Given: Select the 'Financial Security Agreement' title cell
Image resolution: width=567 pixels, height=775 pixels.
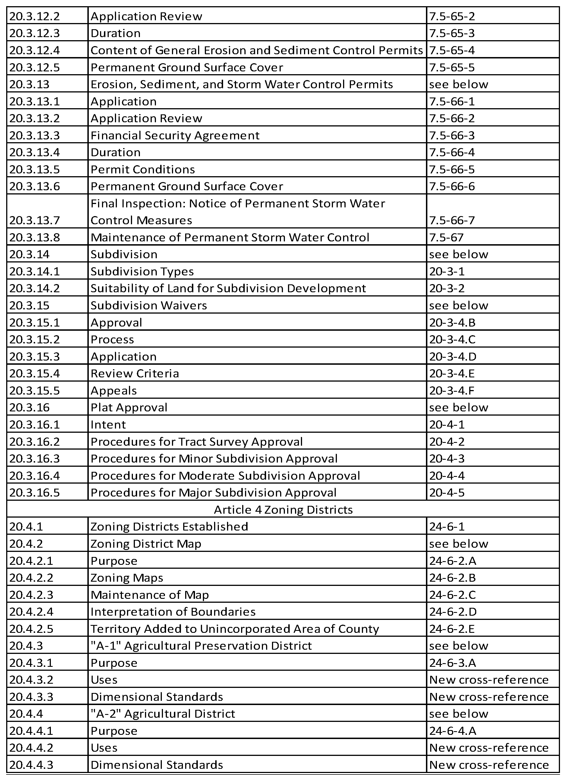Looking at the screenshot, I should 175,135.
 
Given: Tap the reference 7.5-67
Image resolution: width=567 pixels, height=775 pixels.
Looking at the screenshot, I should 446,237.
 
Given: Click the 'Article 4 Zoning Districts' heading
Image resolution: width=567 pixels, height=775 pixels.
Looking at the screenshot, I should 283,510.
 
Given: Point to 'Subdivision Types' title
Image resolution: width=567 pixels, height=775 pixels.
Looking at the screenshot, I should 142,271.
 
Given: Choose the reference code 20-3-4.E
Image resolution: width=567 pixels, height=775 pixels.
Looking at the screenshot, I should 452,373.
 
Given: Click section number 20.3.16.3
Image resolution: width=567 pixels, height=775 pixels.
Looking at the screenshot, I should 34,459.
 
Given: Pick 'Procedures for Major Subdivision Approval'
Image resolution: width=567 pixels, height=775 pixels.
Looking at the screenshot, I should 214,493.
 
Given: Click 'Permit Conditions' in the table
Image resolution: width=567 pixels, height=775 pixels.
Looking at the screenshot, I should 143,169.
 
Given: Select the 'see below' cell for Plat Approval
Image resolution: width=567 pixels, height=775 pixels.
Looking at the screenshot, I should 459,407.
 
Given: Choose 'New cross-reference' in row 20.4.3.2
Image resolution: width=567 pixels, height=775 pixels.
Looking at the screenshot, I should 489,679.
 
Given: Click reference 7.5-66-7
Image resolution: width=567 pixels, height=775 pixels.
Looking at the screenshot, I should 452,220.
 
